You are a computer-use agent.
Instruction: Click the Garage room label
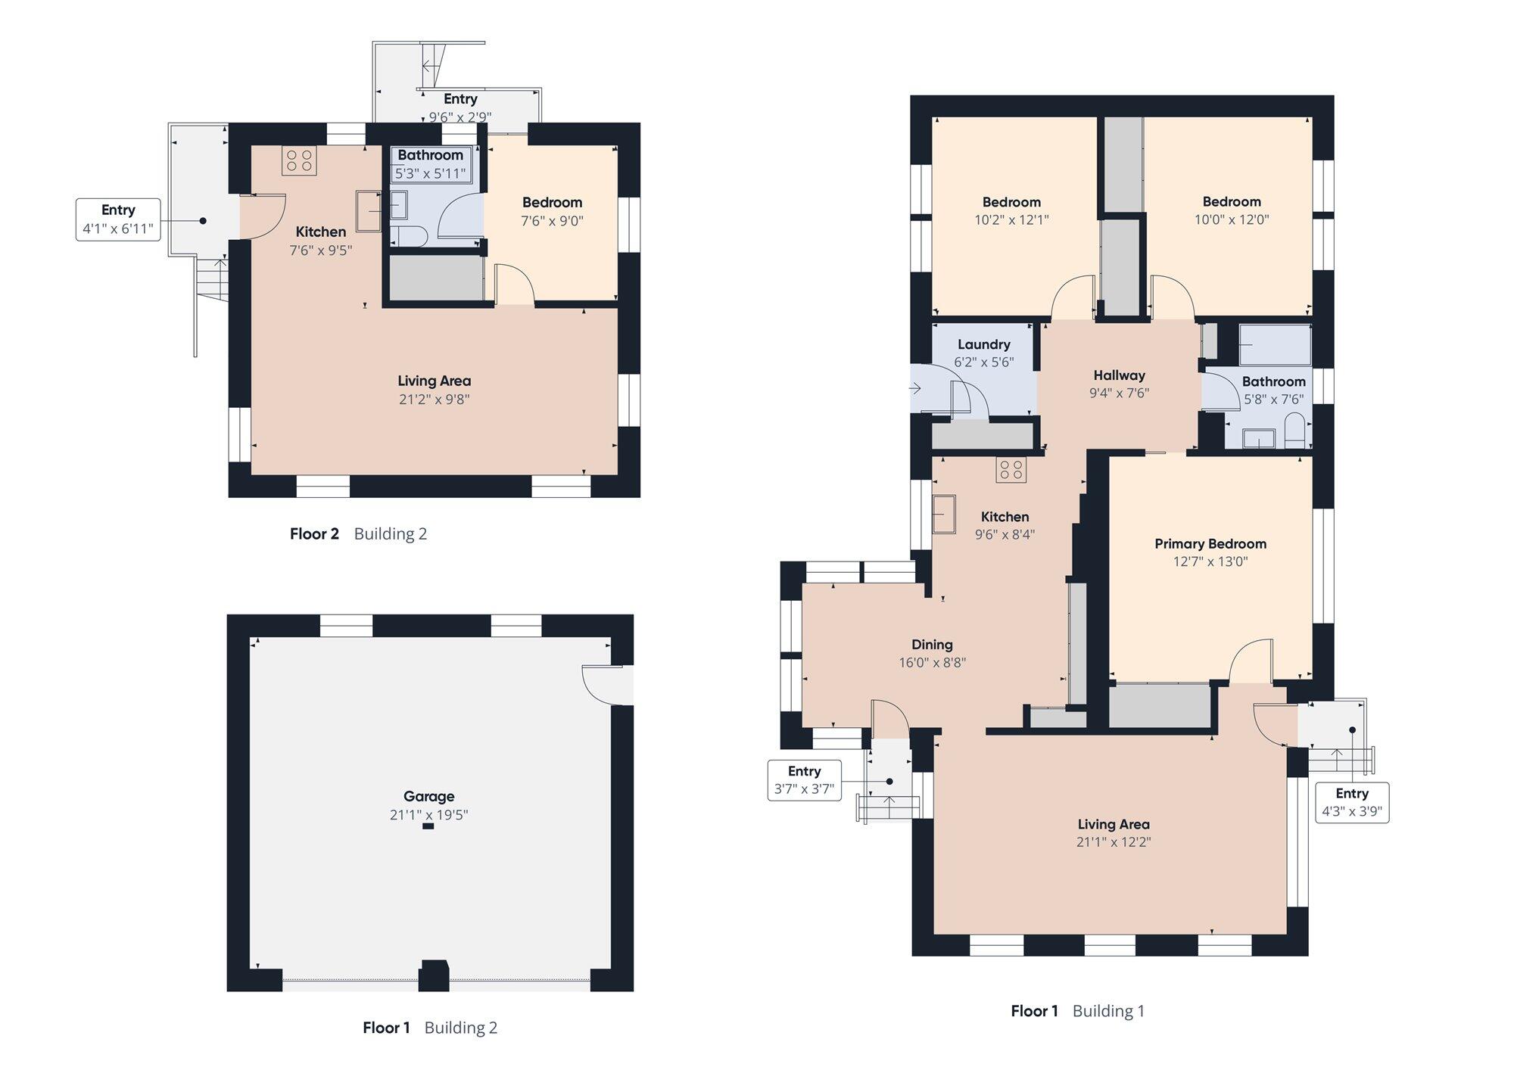click(428, 796)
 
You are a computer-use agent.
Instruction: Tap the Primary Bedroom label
click(1210, 544)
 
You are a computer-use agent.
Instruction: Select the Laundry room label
click(983, 344)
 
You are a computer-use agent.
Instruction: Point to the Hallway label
click(1119, 375)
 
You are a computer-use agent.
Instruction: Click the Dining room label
click(932, 645)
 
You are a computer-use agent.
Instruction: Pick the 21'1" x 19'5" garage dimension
click(428, 815)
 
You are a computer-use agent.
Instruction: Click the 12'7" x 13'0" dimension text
click(1210, 561)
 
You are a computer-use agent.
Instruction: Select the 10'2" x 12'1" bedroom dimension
click(1011, 220)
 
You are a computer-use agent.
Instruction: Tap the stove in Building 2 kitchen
click(299, 160)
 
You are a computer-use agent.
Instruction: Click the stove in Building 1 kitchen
click(1011, 471)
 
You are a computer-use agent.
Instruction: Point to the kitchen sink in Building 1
click(944, 515)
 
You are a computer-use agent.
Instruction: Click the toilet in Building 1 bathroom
click(1295, 431)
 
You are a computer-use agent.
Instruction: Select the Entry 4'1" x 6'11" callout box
click(118, 219)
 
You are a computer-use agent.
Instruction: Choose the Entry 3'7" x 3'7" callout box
click(804, 780)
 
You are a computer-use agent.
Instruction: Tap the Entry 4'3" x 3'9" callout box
click(1352, 802)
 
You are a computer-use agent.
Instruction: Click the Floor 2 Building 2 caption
click(358, 534)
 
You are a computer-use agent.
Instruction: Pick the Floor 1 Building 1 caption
click(1077, 1011)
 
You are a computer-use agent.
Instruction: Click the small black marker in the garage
click(428, 826)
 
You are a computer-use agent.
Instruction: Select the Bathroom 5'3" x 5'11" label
click(430, 164)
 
